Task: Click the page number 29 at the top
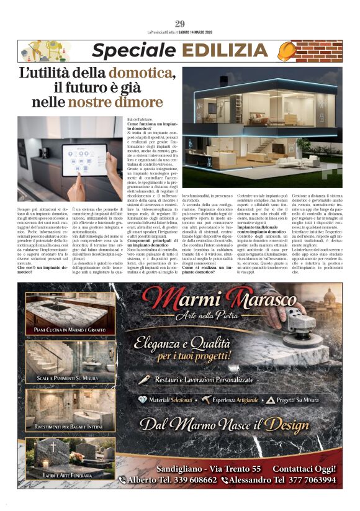point(180,24)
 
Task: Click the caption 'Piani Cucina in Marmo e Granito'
point(66,330)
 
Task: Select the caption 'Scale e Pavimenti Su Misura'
point(66,378)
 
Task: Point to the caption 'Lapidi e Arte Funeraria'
point(66,474)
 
